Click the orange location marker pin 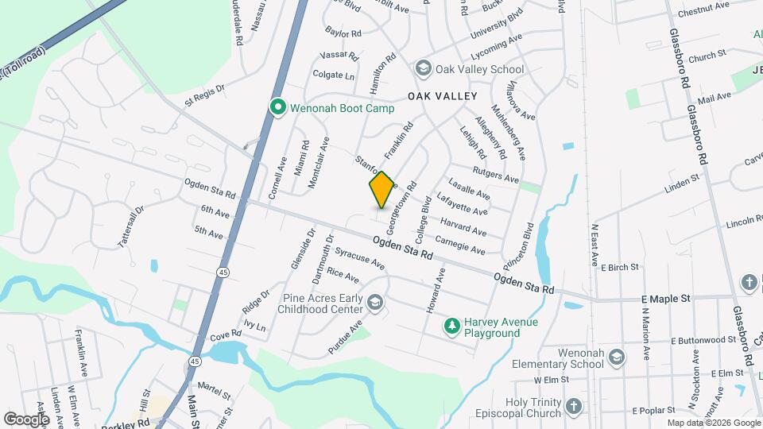tap(381, 189)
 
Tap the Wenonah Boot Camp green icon tap(277, 106)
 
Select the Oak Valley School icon tap(422, 69)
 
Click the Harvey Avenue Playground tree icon tap(451, 326)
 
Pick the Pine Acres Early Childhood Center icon tap(374, 302)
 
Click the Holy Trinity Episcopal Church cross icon tap(573, 408)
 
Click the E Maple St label tap(666, 298)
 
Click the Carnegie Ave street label tap(460, 245)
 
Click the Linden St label tap(681, 184)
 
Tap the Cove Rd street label tap(226, 334)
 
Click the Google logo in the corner tap(25, 419)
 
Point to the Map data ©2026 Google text tap(713, 423)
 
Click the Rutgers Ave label tap(495, 175)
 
